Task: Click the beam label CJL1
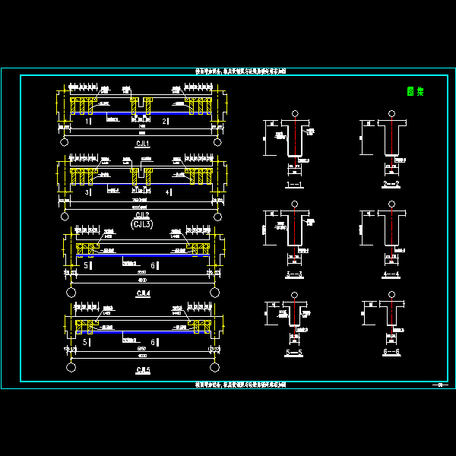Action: coord(142,143)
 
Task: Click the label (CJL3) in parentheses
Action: coord(142,224)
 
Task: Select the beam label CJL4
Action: coord(142,293)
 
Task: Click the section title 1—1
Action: coord(293,185)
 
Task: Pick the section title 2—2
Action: coord(392,185)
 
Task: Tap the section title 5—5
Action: coord(293,353)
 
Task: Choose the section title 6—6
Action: coord(392,353)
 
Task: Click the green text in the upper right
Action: coord(415,92)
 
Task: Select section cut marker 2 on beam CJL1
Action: coord(165,121)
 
